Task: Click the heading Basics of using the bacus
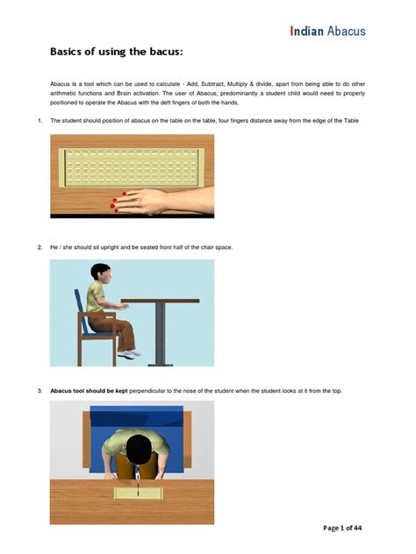(116, 52)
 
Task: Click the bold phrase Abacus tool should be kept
(89, 390)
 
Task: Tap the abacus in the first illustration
(131, 167)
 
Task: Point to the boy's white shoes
(130, 353)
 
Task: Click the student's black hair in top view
(138, 444)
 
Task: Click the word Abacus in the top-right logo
(347, 31)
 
